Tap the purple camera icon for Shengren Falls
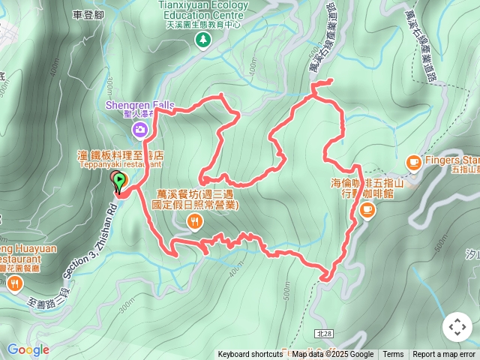pyautogui.click(x=139, y=130)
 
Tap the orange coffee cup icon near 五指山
pyautogui.click(x=367, y=211)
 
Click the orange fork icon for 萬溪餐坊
pyautogui.click(x=195, y=220)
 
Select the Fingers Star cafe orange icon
pyautogui.click(x=412, y=161)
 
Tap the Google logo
pyautogui.click(x=28, y=349)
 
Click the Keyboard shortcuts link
pyautogui.click(x=250, y=355)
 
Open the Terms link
pyautogui.click(x=393, y=355)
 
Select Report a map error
pyautogui.click(x=444, y=355)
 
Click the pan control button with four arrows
pyautogui.click(x=457, y=327)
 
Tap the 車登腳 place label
pyautogui.click(x=88, y=14)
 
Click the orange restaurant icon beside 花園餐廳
pyautogui.click(x=15, y=283)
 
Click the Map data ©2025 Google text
pyautogui.click(x=333, y=355)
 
